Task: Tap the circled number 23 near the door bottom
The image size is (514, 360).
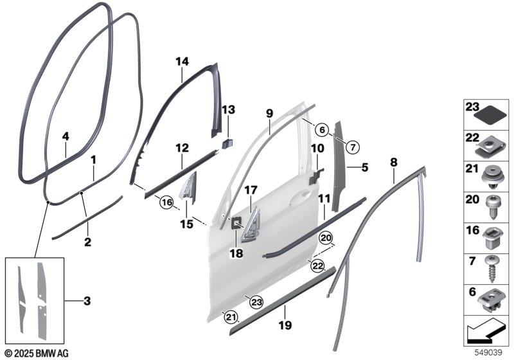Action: pos(256,302)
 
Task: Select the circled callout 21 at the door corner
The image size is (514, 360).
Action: pos(231,317)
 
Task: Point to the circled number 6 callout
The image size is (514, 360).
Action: pos(322,130)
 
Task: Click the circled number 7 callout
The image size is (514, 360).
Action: pos(352,147)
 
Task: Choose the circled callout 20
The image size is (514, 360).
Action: pos(327,238)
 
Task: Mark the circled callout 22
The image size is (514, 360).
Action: pos(317,265)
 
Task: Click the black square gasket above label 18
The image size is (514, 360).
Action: pos(236,223)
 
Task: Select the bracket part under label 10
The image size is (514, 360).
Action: pos(315,176)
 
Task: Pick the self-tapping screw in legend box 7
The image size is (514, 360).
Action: pos(491,268)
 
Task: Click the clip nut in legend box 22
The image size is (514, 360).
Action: pos(490,146)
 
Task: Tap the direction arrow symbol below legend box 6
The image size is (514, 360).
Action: pos(486,331)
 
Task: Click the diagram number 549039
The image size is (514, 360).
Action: pos(488,352)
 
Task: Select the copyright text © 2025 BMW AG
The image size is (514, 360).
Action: pos(37,354)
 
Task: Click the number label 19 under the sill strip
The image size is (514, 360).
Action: pos(285,325)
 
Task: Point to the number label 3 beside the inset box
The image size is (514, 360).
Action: pos(87,301)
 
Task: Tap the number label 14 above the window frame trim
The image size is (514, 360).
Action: pos(182,61)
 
